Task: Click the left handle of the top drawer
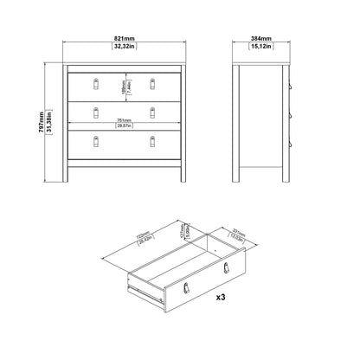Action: pyautogui.click(x=97, y=83)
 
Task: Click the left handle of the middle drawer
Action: pyautogui.click(x=97, y=111)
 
